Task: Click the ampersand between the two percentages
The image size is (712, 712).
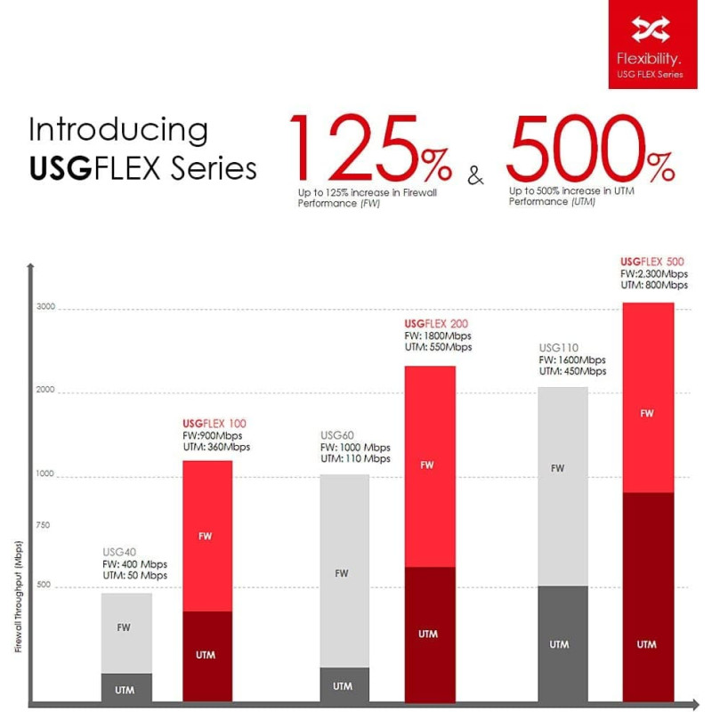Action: (476, 176)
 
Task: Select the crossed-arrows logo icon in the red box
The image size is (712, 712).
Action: (651, 30)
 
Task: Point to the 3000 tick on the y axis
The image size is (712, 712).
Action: (46, 308)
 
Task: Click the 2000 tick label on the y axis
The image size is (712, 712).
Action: (46, 391)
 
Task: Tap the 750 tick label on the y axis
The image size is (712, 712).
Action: (44, 525)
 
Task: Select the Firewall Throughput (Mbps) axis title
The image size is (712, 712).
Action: (18, 596)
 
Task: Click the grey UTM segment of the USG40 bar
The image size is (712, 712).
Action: (126, 690)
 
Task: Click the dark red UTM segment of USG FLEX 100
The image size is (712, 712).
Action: (206, 655)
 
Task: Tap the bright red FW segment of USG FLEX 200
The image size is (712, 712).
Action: (429, 465)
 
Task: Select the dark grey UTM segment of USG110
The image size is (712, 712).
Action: (562, 643)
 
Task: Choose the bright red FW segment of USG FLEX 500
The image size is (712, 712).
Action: (647, 413)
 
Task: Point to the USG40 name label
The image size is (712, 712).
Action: (119, 552)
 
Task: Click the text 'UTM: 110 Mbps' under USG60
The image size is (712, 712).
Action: (355, 459)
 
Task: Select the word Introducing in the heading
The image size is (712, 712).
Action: (118, 130)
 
